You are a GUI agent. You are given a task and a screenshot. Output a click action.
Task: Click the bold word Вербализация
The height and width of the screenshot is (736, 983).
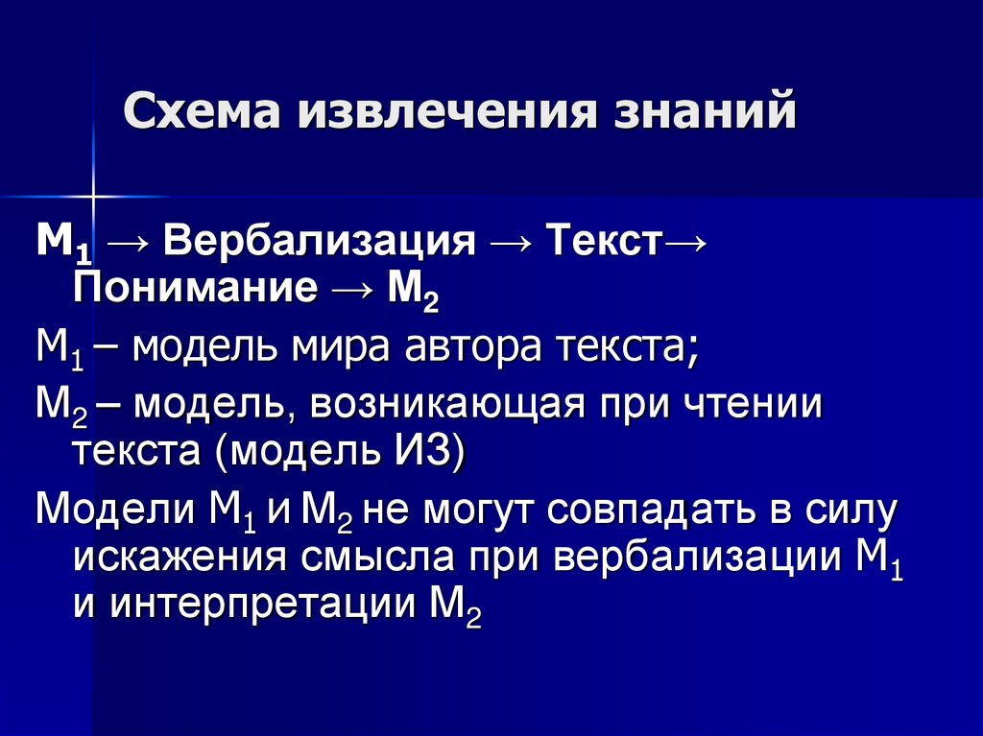tap(319, 239)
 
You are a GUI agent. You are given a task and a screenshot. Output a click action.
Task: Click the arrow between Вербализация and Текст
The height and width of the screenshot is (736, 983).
tap(511, 240)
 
